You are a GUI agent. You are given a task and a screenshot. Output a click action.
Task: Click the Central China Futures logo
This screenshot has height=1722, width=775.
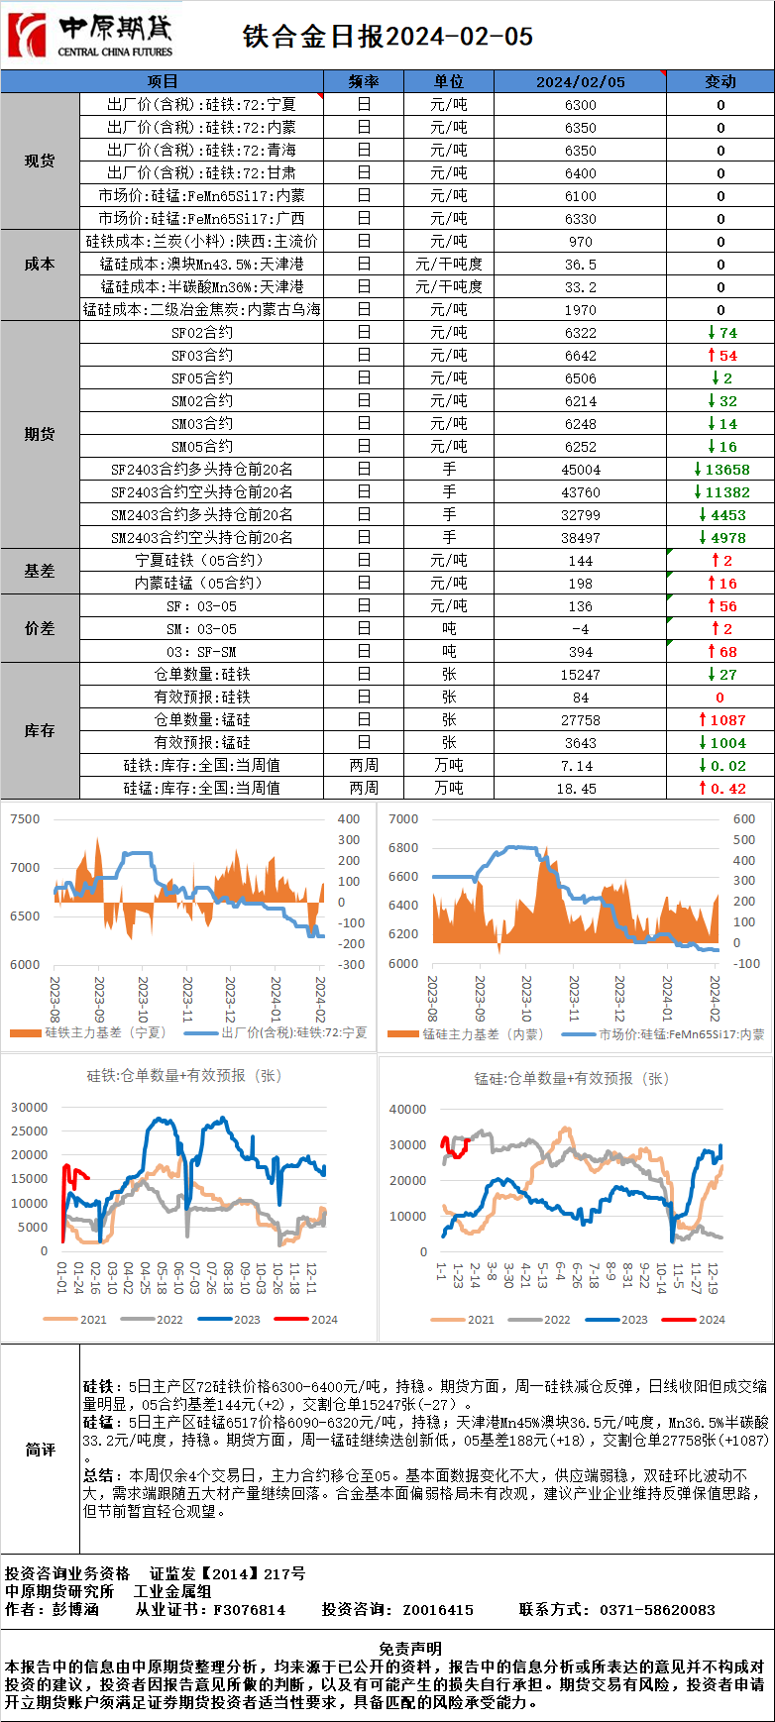point(89,36)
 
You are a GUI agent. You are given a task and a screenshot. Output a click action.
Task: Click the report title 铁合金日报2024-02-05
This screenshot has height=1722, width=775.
point(388,37)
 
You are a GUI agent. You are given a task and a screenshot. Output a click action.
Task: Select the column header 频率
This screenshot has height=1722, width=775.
point(364,81)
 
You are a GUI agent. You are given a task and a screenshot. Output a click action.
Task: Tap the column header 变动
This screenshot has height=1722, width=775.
point(720,81)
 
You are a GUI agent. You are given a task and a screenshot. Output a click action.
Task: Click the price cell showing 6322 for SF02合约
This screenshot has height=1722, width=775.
point(580,333)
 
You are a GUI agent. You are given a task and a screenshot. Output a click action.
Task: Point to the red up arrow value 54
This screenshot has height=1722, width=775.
point(722,356)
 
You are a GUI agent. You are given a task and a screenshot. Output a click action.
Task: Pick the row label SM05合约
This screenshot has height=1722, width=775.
point(202,447)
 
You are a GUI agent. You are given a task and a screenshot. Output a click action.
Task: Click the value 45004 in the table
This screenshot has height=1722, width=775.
point(580,470)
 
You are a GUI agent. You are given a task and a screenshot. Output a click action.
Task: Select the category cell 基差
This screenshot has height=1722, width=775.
point(40,572)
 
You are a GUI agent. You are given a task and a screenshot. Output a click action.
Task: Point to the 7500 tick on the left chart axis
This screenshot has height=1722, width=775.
point(25,819)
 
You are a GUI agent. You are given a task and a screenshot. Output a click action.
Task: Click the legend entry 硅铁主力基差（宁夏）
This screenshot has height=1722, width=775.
point(94,1032)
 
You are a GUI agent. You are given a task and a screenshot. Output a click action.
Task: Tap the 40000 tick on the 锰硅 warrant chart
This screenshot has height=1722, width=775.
point(407,1110)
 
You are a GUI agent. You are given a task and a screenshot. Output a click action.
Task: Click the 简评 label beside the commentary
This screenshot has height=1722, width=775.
point(40,1450)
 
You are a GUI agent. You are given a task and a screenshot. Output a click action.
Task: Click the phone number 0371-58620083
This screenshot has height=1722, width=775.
point(657,1610)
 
